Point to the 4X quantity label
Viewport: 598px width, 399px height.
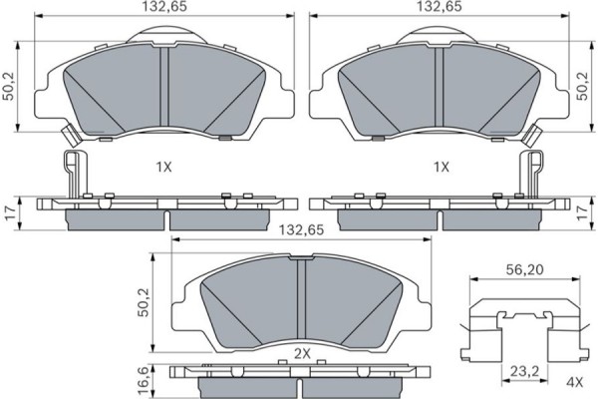click(575, 381)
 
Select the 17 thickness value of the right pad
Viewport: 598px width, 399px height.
click(583, 211)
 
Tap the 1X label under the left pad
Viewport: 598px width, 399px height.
click(164, 167)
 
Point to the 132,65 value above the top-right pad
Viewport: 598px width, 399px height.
click(438, 7)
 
